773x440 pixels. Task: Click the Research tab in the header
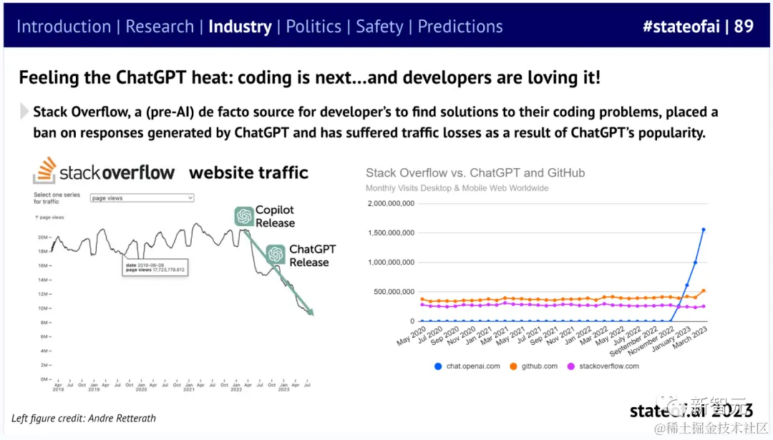(x=160, y=26)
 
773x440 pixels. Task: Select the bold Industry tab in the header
(x=240, y=26)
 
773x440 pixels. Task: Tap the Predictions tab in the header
(x=460, y=26)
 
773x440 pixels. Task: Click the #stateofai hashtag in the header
(x=680, y=26)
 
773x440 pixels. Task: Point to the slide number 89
(x=744, y=26)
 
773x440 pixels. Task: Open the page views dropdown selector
(x=142, y=197)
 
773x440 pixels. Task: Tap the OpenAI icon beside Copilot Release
(x=244, y=216)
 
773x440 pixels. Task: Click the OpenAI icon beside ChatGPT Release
(x=276, y=255)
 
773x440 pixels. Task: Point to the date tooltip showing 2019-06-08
(x=154, y=268)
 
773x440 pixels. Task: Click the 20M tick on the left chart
(x=43, y=237)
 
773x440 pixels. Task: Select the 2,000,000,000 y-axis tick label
(x=390, y=203)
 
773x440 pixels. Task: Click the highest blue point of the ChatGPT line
(x=704, y=230)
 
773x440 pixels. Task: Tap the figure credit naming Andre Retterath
(x=84, y=418)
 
